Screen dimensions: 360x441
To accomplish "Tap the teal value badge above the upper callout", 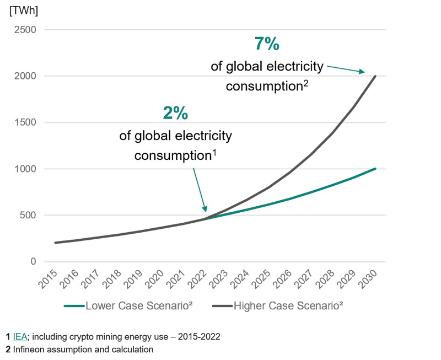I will point(270,42).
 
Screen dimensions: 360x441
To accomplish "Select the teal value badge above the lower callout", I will point(174,106).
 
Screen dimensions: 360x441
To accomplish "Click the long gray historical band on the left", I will point(127,234).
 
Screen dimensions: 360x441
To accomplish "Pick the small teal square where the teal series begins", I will point(216,228).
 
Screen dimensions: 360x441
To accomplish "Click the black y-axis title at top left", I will point(23,15).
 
